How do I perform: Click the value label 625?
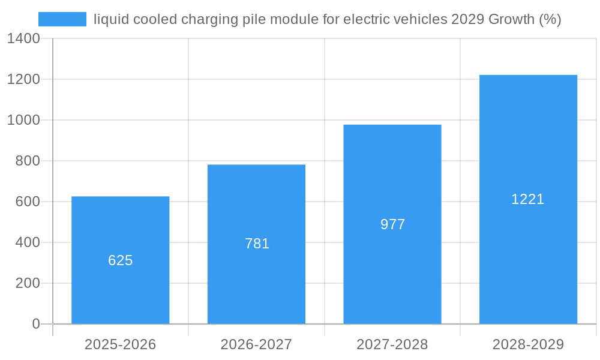(120, 260)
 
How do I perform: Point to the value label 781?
(257, 244)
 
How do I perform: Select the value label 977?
(392, 224)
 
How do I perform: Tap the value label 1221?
(527, 199)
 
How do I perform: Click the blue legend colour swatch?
(62, 19)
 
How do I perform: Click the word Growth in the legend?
(511, 19)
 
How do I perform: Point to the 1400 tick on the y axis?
(23, 38)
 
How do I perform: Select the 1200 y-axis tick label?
(23, 79)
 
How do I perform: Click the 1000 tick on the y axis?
(23, 120)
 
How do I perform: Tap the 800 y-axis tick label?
(28, 161)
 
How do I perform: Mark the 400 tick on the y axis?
(28, 242)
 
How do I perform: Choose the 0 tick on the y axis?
(35, 324)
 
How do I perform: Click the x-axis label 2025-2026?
(120, 344)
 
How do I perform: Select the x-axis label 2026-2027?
(256, 344)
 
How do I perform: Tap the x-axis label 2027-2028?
(392, 344)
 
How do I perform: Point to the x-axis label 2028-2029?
(528, 344)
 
